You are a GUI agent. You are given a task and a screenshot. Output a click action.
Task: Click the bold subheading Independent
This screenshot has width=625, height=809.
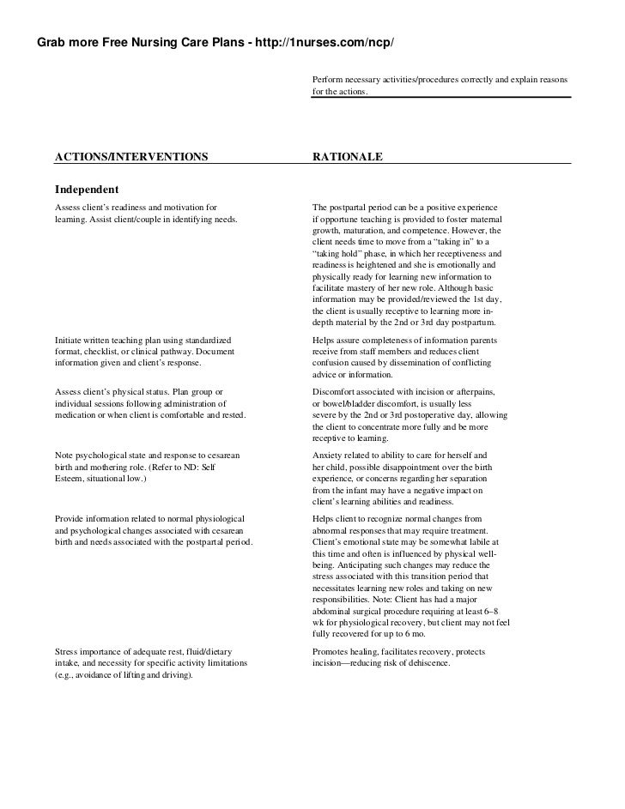click(87, 189)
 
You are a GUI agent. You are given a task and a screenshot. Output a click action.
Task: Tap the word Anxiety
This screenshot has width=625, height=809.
click(331, 454)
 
